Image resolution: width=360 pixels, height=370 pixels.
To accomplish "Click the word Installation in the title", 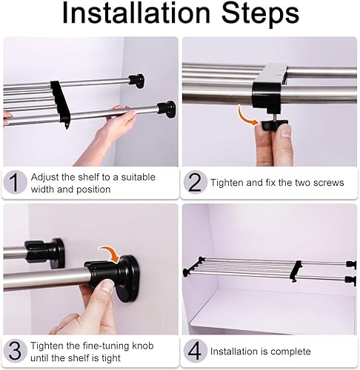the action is click(x=136, y=13).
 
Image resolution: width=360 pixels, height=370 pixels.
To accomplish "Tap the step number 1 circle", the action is click(x=15, y=182).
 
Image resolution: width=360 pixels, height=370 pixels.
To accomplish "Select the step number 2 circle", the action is click(x=195, y=182).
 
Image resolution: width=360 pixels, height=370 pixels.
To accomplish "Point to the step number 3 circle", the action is click(x=15, y=351).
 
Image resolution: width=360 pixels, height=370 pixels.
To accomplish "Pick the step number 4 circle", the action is click(x=195, y=351).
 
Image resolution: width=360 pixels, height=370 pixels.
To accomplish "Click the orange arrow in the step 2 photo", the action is click(x=247, y=117).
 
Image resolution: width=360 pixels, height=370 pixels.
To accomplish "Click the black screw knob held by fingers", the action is click(x=274, y=124).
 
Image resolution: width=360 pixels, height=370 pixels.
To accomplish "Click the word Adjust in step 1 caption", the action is click(x=44, y=178).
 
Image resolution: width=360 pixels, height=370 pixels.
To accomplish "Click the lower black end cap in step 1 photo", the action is click(x=167, y=110).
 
